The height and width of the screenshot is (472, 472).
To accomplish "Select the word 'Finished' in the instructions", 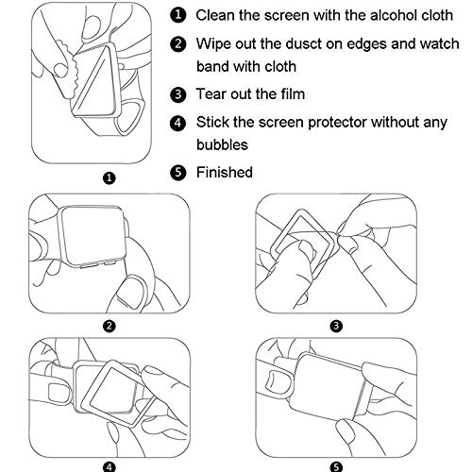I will pos(225,172).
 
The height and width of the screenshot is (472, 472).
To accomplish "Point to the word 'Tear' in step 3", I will pos(211,94).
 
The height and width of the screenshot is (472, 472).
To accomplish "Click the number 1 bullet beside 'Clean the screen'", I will pos(178,15).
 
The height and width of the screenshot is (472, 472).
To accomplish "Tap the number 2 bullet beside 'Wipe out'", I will pos(178,43).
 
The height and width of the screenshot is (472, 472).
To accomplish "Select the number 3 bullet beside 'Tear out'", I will pos(178,94).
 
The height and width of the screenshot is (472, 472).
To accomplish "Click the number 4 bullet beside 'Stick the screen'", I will pos(178,122).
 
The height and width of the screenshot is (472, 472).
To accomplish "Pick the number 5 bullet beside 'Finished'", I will pos(178,172).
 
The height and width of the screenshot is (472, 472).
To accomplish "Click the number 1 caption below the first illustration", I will pos(110,176).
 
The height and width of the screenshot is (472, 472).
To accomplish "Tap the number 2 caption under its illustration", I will pos(110,326).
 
